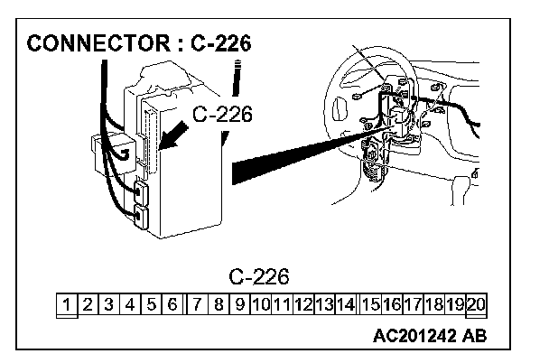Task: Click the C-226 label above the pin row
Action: click(272, 275)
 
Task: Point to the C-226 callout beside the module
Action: click(222, 115)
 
